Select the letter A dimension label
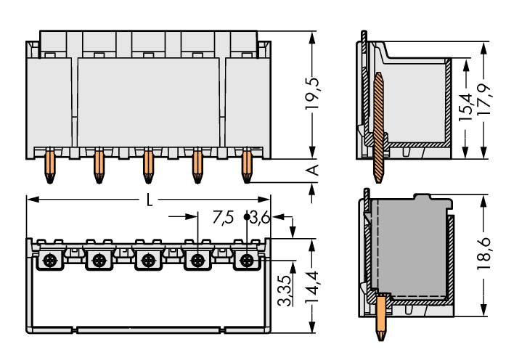(313, 170)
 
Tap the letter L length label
(150, 201)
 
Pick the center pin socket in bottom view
(148, 260)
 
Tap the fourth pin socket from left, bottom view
(197, 260)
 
